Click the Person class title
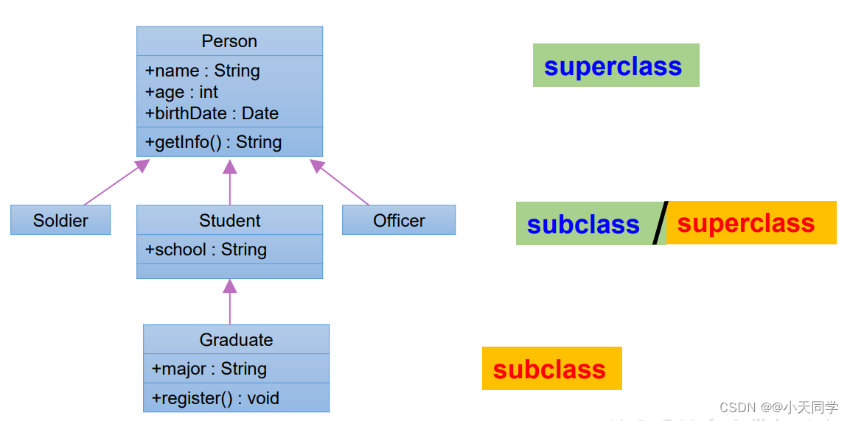point(229,41)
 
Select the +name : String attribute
point(203,71)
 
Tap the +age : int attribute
point(182,92)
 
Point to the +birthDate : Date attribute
point(212,113)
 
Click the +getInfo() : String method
point(214,142)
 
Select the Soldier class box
point(60,220)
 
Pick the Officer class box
point(399,220)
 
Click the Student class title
point(229,220)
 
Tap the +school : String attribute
point(206,250)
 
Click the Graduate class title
point(236,339)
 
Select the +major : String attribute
point(209,369)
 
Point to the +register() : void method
point(215,398)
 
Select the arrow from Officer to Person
point(340,183)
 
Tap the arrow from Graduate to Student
point(230,302)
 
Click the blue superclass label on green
point(613,66)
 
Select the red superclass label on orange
point(746,223)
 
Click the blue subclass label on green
point(583,224)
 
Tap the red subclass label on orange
point(549,369)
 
